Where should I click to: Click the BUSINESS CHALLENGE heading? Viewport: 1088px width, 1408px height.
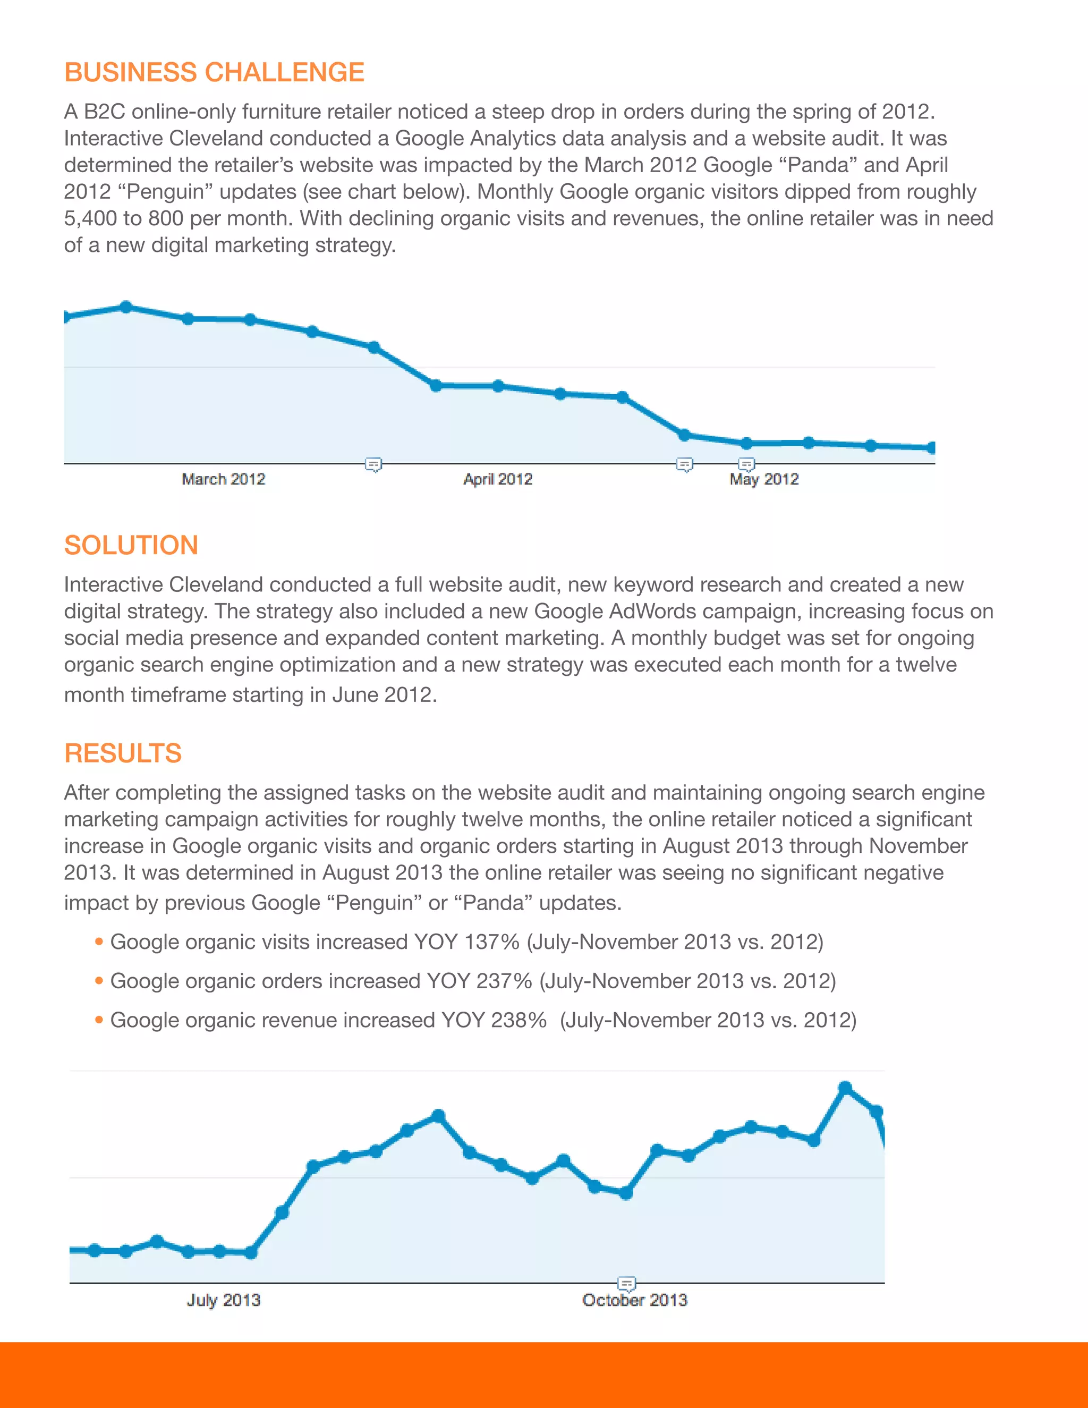[214, 72]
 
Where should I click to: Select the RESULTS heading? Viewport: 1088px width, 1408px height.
[123, 753]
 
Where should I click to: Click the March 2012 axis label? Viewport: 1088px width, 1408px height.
[223, 479]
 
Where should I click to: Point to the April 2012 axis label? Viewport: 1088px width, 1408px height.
[498, 479]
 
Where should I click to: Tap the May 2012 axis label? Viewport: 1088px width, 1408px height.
[764, 479]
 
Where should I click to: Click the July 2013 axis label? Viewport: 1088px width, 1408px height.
[223, 1300]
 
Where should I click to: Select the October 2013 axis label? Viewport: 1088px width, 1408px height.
[634, 1300]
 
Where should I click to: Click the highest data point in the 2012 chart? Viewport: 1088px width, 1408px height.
[126, 307]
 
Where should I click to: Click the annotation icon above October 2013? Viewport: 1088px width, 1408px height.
[626, 1283]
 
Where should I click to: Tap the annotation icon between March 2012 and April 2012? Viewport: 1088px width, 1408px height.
[373, 464]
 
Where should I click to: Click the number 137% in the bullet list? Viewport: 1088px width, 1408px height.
[492, 942]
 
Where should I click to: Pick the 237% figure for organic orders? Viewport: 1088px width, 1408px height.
[504, 981]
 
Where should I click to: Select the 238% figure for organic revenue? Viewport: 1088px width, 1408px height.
[519, 1020]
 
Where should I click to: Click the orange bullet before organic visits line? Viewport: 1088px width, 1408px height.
[99, 942]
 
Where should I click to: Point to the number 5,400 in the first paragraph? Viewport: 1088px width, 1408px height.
[90, 218]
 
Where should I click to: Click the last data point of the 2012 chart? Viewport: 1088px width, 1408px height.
[931, 447]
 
